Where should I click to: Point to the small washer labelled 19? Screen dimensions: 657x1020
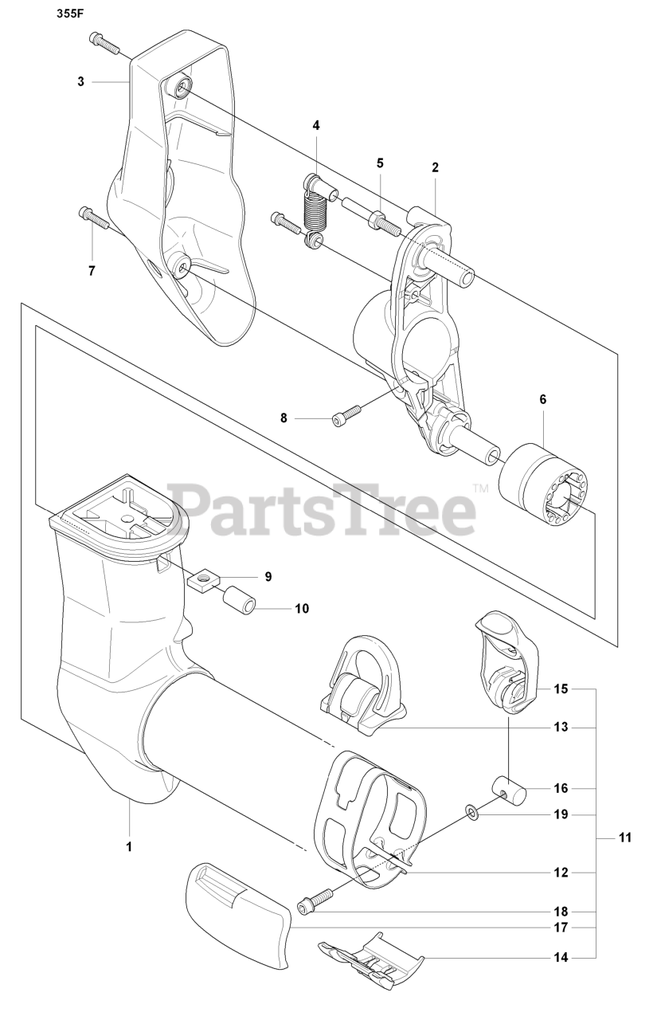(x=471, y=811)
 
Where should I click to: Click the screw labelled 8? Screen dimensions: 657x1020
(x=346, y=414)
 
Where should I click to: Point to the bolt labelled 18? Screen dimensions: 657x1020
(x=316, y=900)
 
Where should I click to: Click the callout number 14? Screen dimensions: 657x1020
(x=561, y=956)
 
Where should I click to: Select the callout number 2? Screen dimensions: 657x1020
(x=435, y=167)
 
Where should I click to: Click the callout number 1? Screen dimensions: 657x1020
(x=129, y=845)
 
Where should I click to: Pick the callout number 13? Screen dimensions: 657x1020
(x=561, y=727)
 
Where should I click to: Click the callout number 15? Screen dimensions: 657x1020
(x=561, y=688)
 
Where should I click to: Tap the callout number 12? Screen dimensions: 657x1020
(x=561, y=873)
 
